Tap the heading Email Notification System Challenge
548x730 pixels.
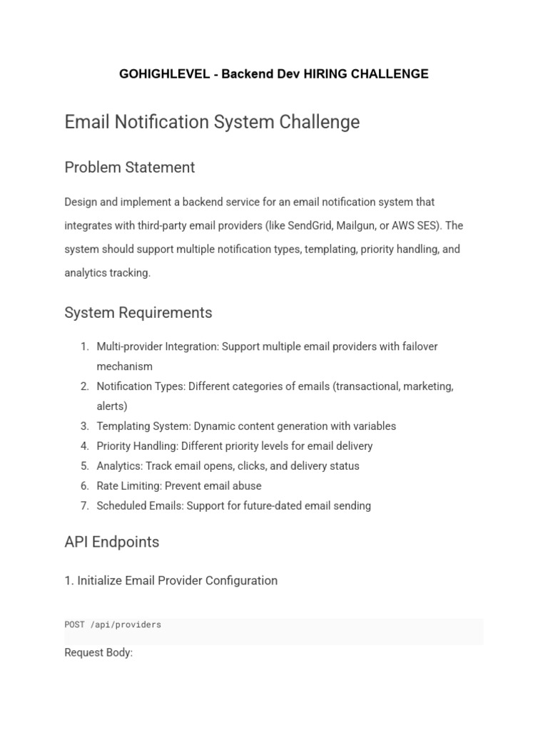(x=212, y=122)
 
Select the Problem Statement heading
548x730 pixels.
(x=129, y=168)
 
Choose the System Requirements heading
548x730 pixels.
(x=138, y=313)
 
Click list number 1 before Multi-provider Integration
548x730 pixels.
(x=84, y=346)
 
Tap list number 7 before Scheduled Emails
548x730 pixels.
(x=84, y=506)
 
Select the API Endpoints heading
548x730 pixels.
(x=111, y=542)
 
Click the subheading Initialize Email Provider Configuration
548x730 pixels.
(x=171, y=581)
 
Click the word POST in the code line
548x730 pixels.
(x=74, y=625)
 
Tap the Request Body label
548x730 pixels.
(x=98, y=653)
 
